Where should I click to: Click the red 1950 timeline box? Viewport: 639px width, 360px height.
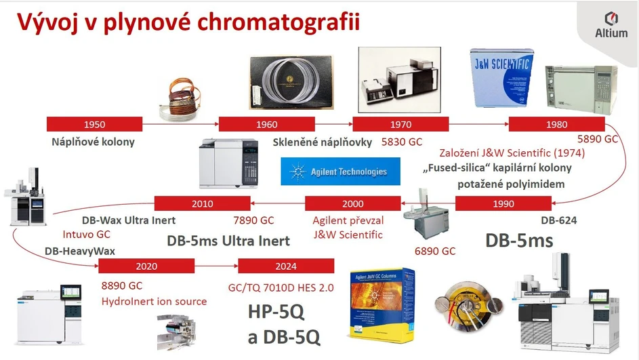pyautogui.click(x=94, y=124)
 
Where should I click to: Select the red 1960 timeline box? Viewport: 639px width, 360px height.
pyautogui.click(x=266, y=124)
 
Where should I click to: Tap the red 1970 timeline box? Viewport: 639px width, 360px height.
pyautogui.click(x=400, y=124)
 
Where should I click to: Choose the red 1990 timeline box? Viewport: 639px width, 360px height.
pyautogui.click(x=503, y=203)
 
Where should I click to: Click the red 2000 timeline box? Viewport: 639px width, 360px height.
pyautogui.click(x=352, y=203)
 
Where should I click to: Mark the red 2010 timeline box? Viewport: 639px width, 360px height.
pyautogui.click(x=202, y=203)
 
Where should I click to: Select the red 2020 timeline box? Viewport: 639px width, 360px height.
pyautogui.click(x=146, y=266)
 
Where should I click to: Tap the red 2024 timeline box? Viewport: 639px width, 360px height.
pyautogui.click(x=286, y=266)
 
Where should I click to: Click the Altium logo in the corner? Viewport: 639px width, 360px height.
pyautogui.click(x=610, y=24)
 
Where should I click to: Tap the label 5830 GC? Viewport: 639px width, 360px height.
pyautogui.click(x=402, y=142)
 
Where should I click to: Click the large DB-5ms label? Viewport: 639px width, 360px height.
pyautogui.click(x=519, y=240)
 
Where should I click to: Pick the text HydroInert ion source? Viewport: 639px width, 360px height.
pyautogui.click(x=154, y=301)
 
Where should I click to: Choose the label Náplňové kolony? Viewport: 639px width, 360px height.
pyautogui.click(x=94, y=142)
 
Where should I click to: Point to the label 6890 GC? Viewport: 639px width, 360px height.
pyautogui.click(x=434, y=251)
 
